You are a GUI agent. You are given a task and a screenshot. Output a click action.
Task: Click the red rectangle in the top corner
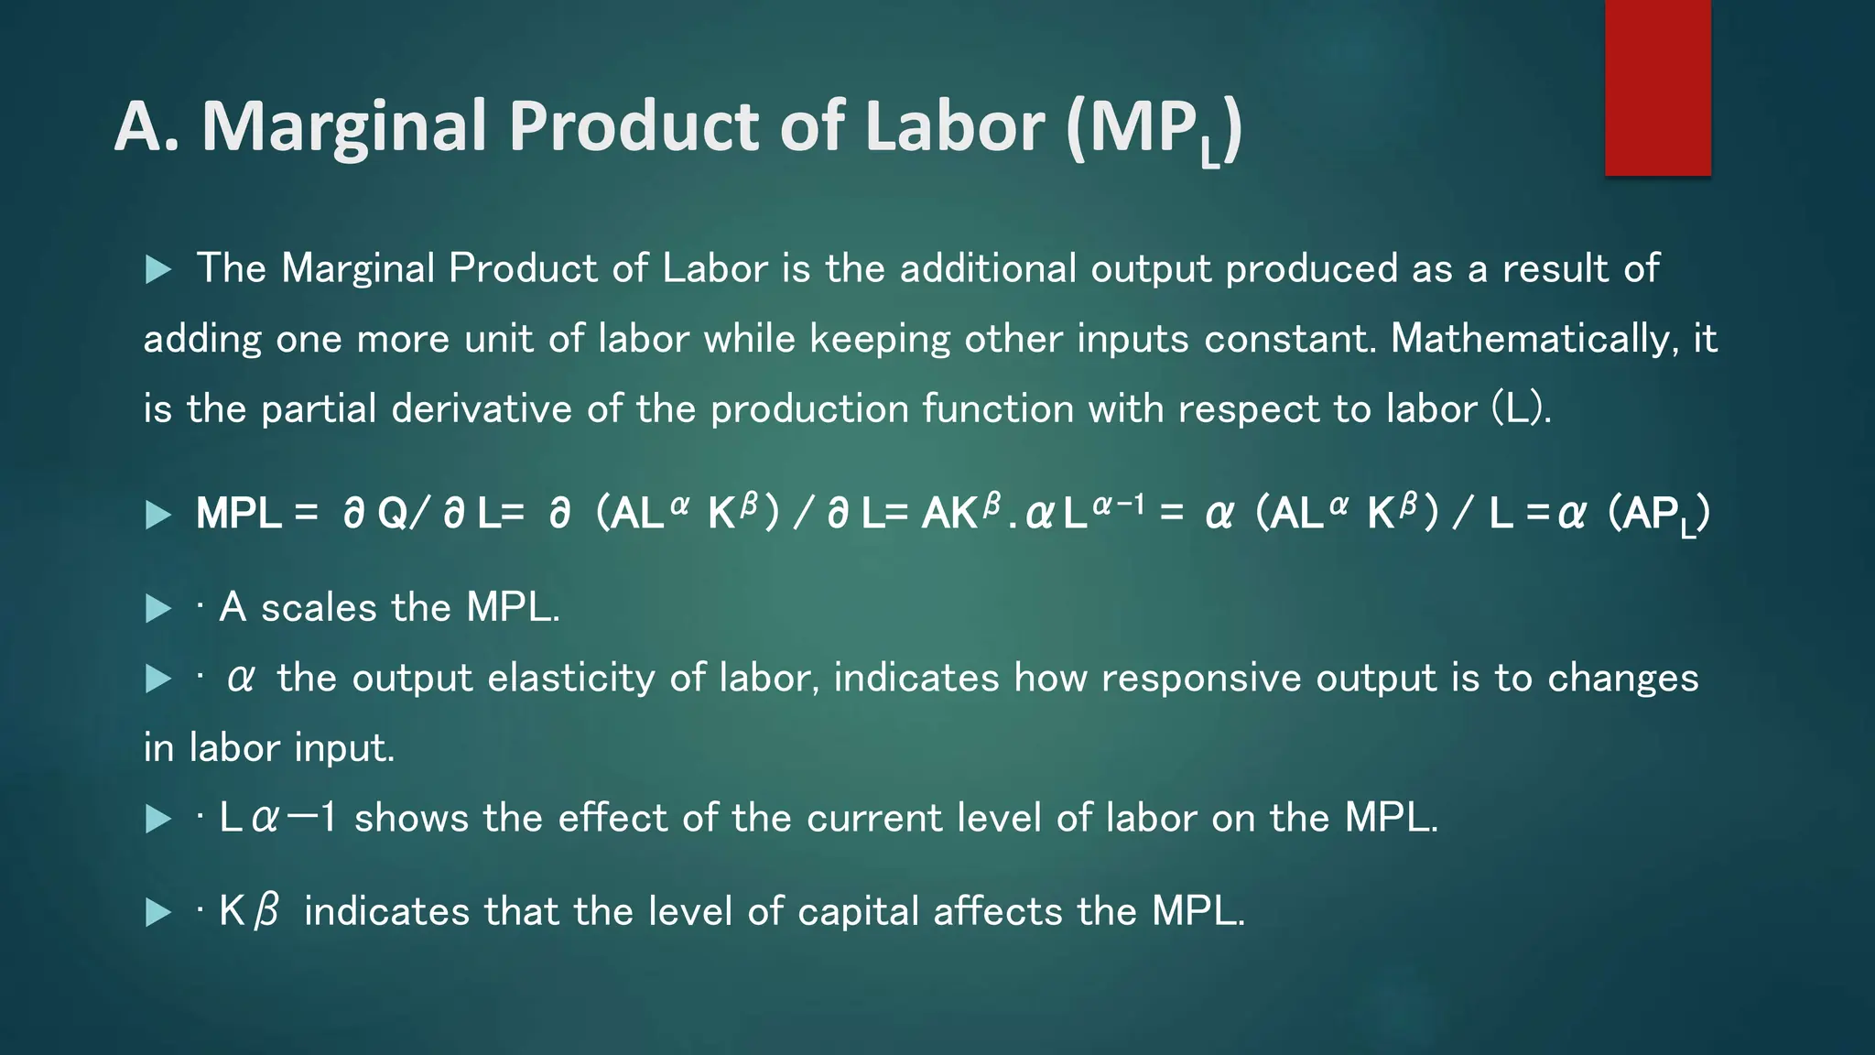click(x=1657, y=87)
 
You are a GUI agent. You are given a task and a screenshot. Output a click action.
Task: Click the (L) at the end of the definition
click(x=1521, y=408)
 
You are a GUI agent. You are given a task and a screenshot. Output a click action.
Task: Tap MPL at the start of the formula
click(x=238, y=514)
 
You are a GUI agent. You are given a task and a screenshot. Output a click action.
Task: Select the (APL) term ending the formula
click(x=1659, y=515)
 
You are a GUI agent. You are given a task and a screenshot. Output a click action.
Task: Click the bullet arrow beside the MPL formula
click(x=158, y=515)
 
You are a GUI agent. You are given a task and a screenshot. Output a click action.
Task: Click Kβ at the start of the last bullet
click(x=248, y=912)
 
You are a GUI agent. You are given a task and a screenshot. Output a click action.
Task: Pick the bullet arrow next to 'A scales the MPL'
click(x=158, y=608)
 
